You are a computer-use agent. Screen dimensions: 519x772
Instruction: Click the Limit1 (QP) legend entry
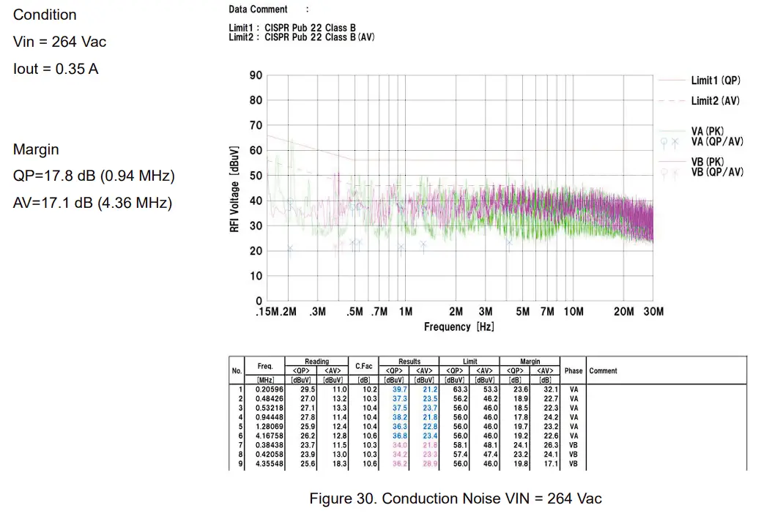pyautogui.click(x=715, y=80)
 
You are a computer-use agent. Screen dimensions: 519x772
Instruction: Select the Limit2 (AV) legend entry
pyautogui.click(x=715, y=100)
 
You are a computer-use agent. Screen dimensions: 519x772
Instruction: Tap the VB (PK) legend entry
pyautogui.click(x=708, y=161)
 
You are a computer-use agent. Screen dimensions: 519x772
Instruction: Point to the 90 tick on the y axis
pyautogui.click(x=256, y=75)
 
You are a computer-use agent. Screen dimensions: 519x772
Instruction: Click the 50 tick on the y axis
pyautogui.click(x=256, y=176)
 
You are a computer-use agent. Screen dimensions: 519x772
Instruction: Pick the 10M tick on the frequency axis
pyautogui.click(x=573, y=312)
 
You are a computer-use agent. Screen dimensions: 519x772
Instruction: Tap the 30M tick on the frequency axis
pyautogui.click(x=653, y=312)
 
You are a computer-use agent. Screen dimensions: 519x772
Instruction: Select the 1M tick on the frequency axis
pyautogui.click(x=405, y=312)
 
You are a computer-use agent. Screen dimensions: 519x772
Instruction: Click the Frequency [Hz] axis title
pyautogui.click(x=458, y=326)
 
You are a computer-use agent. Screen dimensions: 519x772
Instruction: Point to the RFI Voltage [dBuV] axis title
pyautogui.click(x=235, y=188)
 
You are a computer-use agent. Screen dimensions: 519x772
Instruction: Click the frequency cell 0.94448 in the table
pyautogui.click(x=264, y=417)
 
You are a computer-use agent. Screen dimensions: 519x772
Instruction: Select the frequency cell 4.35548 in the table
pyautogui.click(x=264, y=463)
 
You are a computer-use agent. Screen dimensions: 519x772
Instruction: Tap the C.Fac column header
pyautogui.click(x=365, y=366)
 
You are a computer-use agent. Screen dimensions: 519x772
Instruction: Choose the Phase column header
pyautogui.click(x=573, y=370)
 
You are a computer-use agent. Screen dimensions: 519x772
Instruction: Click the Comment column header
pyautogui.click(x=603, y=370)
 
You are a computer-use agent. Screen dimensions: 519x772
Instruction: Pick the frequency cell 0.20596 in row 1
pyautogui.click(x=264, y=389)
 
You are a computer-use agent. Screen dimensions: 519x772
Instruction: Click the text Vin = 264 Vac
pyautogui.click(x=59, y=42)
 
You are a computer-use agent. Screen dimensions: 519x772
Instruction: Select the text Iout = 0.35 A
pyautogui.click(x=56, y=69)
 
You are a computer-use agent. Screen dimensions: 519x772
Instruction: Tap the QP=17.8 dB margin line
pyautogui.click(x=94, y=176)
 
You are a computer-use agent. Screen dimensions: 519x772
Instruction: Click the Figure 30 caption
pyautogui.click(x=456, y=499)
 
